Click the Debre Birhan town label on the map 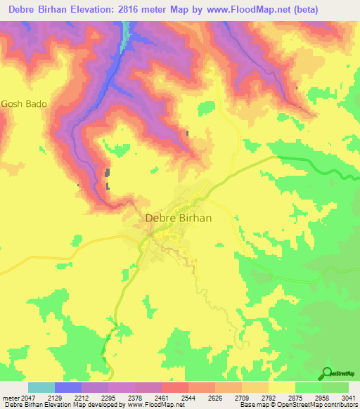tap(178, 218)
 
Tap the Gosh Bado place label tap(25, 103)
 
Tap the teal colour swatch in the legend tap(41, 387)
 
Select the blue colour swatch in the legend tap(68, 387)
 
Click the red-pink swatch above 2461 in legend tap(175, 387)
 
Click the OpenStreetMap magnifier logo tap(326, 373)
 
